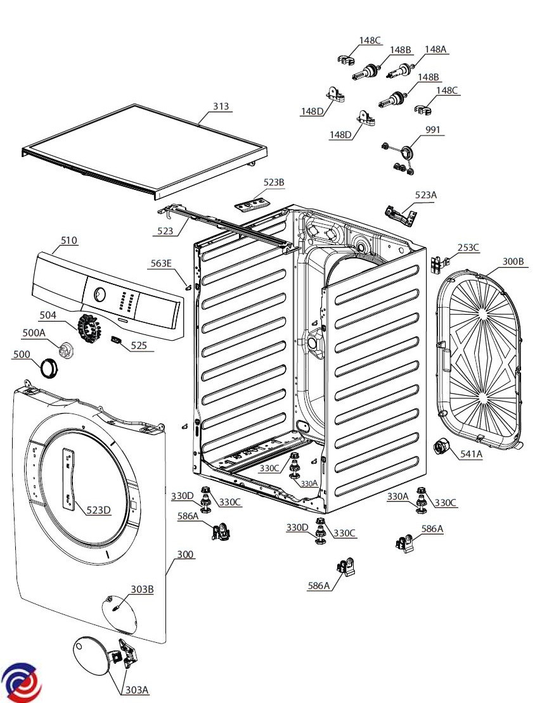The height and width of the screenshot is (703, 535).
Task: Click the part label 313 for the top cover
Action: point(221,106)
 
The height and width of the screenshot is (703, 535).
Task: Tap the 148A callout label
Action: point(435,49)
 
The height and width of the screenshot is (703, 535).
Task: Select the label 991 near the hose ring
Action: point(434,130)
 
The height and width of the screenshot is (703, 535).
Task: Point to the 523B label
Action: point(274,182)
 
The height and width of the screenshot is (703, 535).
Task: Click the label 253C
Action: point(468,248)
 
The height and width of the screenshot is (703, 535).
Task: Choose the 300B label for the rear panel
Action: point(513,261)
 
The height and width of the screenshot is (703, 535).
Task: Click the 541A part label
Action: point(471,453)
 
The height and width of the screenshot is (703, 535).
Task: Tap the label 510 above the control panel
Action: point(69,240)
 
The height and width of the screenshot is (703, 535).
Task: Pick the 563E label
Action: point(160,263)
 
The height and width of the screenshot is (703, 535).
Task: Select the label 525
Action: point(139,345)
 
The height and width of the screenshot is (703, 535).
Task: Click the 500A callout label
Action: point(34,332)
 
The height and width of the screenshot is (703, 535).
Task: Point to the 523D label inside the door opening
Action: point(98,510)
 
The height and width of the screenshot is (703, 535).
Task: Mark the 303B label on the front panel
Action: point(142,590)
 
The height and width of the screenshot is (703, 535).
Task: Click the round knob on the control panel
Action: point(99,294)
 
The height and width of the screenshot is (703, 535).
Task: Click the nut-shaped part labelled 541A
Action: point(440,447)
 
